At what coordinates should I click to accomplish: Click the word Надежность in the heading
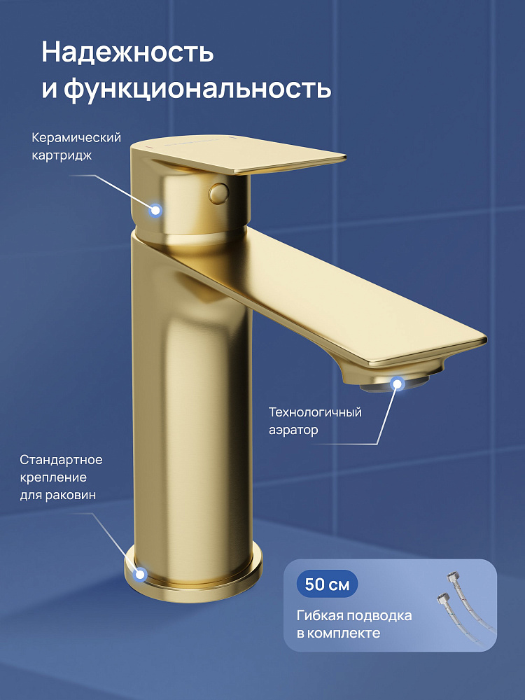pyautogui.click(x=127, y=53)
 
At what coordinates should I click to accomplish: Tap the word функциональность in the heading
pyautogui.click(x=197, y=89)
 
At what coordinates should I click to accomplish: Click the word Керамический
pyautogui.click(x=76, y=138)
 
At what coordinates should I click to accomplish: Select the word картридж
pyautogui.click(x=62, y=155)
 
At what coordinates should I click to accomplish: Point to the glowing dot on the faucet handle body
pyautogui.click(x=155, y=210)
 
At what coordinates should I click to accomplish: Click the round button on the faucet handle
pyautogui.click(x=218, y=192)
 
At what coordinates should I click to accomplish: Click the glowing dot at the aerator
pyautogui.click(x=397, y=384)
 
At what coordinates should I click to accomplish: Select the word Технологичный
pyautogui.click(x=315, y=412)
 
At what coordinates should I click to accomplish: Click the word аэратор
pyautogui.click(x=293, y=430)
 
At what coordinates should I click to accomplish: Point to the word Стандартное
pyautogui.click(x=61, y=460)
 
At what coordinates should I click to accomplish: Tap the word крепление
pyautogui.click(x=53, y=477)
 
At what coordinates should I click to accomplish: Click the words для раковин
pyautogui.click(x=58, y=495)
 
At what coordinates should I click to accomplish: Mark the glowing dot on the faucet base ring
pyautogui.click(x=141, y=574)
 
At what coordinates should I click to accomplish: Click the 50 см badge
pyautogui.click(x=327, y=584)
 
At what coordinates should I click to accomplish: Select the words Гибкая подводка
pyautogui.click(x=354, y=615)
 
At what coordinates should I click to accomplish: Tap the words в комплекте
pyautogui.click(x=338, y=633)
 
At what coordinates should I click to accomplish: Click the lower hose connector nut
pyautogui.click(x=443, y=597)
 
